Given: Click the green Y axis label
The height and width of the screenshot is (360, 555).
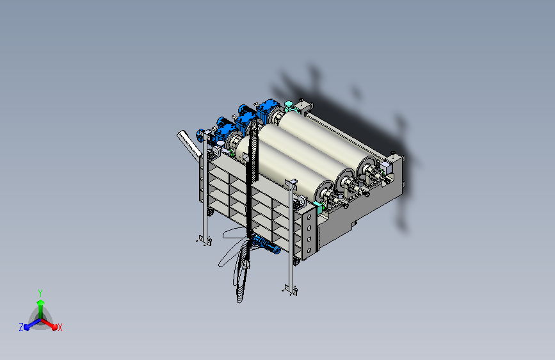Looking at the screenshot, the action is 40,293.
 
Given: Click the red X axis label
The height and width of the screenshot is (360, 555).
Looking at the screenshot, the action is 60,327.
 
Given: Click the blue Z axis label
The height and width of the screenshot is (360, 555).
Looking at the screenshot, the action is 21,327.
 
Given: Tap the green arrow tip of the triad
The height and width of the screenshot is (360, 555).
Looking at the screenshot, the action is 40,302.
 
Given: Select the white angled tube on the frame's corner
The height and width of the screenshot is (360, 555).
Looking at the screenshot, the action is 189,145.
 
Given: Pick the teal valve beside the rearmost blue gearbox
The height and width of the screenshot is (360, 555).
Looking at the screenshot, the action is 289,106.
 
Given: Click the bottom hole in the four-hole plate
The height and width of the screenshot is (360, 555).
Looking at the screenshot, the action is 309,250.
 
